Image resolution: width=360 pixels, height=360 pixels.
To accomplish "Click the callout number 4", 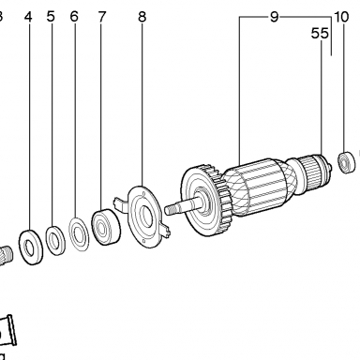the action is coord(28,17).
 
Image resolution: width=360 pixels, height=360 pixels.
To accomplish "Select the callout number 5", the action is coord(51,16).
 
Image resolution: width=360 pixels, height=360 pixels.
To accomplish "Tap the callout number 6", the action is coord(74,16).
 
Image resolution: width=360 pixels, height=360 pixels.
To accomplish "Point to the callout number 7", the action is coord(102,17).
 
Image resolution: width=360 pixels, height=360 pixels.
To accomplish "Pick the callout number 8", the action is coord(142,17).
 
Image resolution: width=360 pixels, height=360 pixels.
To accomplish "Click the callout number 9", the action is coord(274,17).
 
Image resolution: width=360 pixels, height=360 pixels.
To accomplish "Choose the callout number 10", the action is coord(341,17).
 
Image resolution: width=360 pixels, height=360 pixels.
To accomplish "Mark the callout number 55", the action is coord(320,33).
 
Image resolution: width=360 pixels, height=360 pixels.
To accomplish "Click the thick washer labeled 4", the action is coord(31,247).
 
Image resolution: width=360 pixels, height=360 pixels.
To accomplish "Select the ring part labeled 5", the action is coord(55,240).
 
